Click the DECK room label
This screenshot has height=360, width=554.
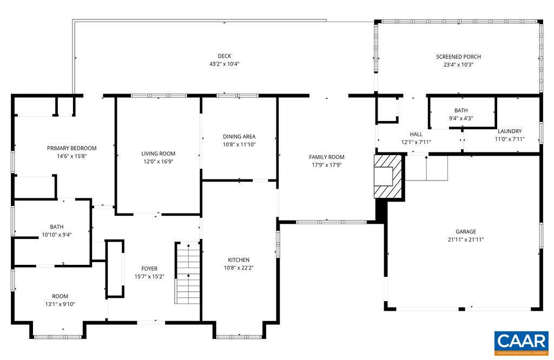click(224, 56)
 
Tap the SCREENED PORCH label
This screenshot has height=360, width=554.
click(458, 57)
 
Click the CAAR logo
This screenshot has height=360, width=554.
click(521, 342)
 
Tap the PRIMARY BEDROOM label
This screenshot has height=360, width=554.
click(71, 148)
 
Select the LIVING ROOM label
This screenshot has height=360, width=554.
click(159, 154)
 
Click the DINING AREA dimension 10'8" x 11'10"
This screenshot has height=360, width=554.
click(239, 144)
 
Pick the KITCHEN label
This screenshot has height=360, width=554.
click(239, 260)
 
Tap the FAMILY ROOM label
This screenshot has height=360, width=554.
click(327, 157)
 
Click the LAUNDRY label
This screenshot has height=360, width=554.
click(509, 131)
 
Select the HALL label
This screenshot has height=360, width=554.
click(415, 135)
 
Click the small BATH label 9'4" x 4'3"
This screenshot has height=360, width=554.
click(461, 118)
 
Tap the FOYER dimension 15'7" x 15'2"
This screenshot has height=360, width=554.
click(149, 276)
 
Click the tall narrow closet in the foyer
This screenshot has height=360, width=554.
click(114, 269)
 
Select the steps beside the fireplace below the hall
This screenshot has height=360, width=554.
click(426, 169)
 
